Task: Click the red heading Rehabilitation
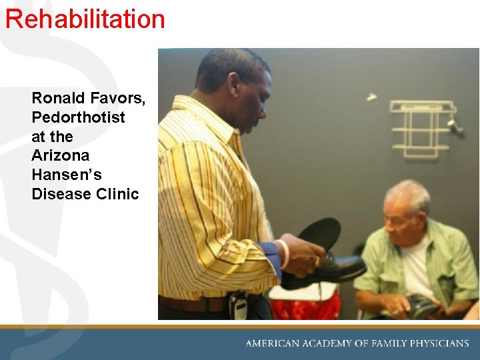[x=85, y=19]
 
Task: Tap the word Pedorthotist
[x=78, y=117]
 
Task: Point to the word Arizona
[x=60, y=155]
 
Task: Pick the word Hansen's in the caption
[x=65, y=175]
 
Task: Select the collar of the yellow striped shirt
[x=200, y=113]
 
